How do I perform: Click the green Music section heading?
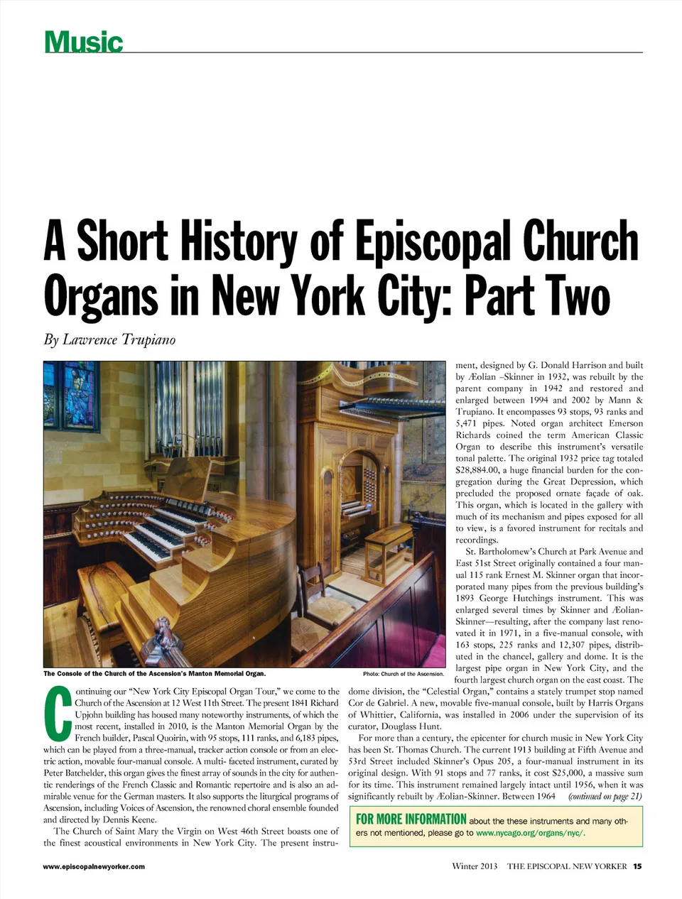83,42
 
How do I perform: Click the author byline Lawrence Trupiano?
119,339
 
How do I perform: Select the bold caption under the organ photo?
154,673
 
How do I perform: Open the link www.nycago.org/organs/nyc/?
530,833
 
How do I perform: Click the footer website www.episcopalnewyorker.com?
94,866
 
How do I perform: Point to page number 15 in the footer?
637,866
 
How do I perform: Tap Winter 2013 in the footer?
475,866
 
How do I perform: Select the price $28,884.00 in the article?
480,470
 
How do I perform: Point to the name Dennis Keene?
131,819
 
